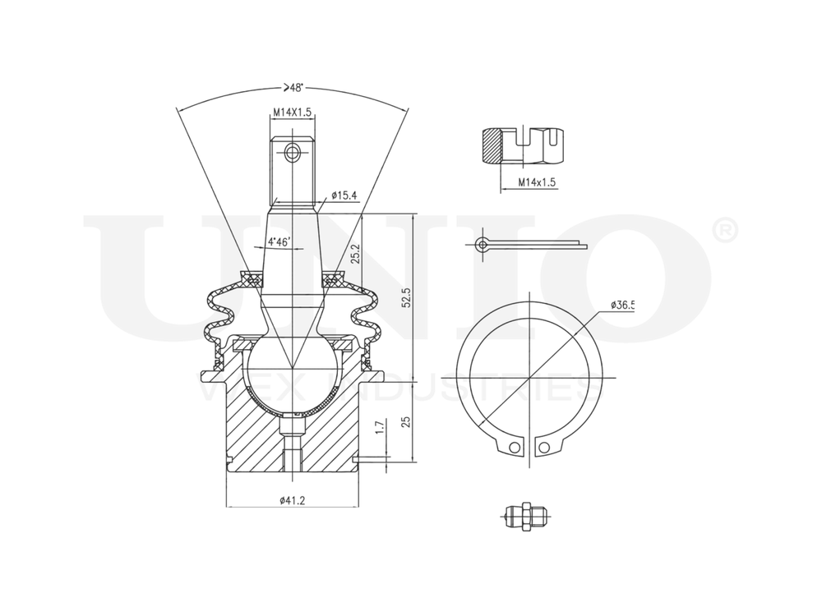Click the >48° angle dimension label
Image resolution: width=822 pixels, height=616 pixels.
pos(293,88)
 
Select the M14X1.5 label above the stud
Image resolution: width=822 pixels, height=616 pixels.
pos(292,113)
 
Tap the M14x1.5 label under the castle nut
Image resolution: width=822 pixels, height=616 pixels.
pos(536,181)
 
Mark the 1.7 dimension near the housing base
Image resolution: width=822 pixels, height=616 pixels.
pos(379,426)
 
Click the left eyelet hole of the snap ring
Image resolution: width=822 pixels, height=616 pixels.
pos(515,447)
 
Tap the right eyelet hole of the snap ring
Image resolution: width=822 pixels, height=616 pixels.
pos(543,447)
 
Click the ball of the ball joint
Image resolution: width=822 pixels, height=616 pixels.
pos(292,370)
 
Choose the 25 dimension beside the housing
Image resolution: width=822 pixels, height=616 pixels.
pos(404,421)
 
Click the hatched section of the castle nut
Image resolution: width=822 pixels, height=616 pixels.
pos(492,148)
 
